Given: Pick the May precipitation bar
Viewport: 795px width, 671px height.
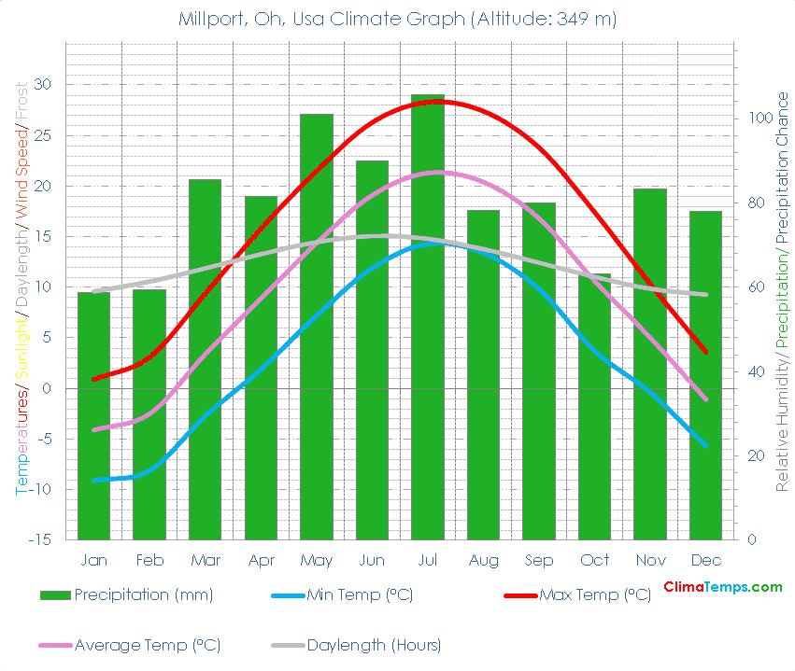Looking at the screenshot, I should [317, 327].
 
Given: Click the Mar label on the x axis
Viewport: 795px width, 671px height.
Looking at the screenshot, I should [205, 560].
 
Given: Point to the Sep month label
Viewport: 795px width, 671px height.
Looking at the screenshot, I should [539, 560].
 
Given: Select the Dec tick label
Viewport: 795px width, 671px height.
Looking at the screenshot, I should [706, 560].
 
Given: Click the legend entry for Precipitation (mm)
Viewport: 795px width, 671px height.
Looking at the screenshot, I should [126, 594].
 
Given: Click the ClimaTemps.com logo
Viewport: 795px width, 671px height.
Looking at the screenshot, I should [722, 587].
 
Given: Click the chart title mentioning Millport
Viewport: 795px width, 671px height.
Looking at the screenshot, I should [397, 19].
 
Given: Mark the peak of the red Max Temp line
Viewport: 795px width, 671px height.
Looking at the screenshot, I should [440, 101].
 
